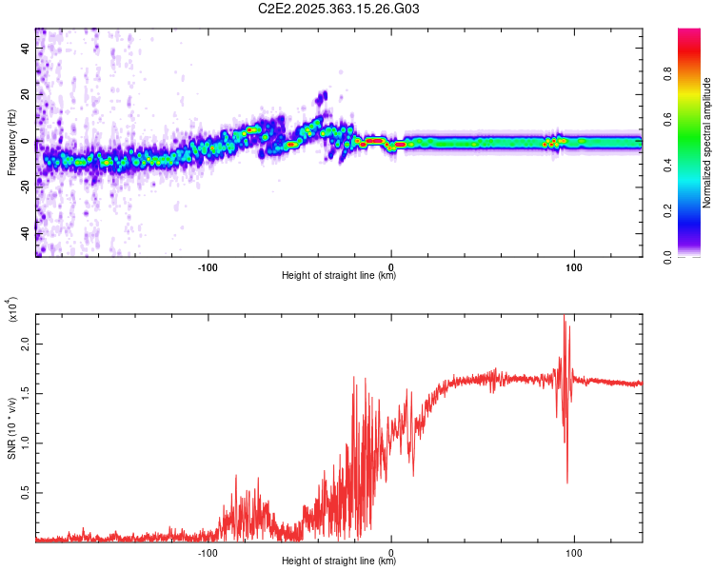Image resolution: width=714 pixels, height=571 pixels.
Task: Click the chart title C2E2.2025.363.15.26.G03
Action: coord(339,9)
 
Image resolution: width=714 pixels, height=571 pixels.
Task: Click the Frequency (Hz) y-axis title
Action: coord(10,143)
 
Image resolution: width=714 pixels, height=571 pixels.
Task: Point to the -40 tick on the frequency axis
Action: coord(25,234)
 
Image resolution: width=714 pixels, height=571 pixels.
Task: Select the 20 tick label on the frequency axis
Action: coord(27,95)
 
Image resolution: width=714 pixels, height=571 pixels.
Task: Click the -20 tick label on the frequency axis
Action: coord(25,187)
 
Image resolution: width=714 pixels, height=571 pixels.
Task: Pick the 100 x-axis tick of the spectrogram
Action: coord(574,266)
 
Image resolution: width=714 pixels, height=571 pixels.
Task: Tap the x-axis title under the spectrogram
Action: coord(339,276)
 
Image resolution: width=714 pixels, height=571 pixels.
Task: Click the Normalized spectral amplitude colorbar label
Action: coord(706,143)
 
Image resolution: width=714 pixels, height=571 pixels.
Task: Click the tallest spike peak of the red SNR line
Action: coord(565,316)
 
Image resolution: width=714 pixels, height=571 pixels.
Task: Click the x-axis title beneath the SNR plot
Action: coord(339,561)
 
